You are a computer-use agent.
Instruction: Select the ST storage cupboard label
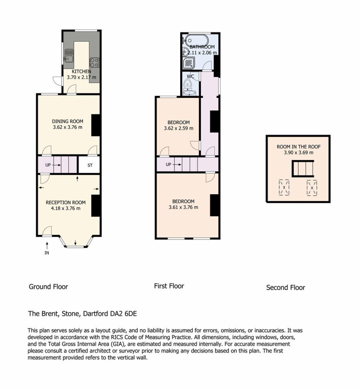click(90, 165)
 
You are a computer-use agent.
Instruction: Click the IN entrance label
click(47, 253)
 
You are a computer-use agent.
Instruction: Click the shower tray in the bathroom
click(189, 63)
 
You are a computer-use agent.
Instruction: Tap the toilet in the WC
click(189, 85)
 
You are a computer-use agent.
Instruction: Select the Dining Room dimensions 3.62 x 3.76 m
click(68, 127)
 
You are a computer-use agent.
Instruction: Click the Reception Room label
click(65, 202)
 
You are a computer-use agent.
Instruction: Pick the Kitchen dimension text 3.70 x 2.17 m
click(81, 77)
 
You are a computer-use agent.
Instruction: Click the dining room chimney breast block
click(95, 125)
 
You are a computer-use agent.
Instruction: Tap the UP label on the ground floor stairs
click(48, 165)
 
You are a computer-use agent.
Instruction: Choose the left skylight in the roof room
click(284, 187)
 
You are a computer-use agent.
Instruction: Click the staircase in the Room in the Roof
click(303, 168)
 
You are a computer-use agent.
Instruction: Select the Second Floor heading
click(285, 288)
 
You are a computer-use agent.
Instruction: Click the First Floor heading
click(169, 286)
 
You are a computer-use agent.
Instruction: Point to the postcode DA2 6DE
click(124, 313)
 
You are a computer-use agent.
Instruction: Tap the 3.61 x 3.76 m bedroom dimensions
click(183, 207)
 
